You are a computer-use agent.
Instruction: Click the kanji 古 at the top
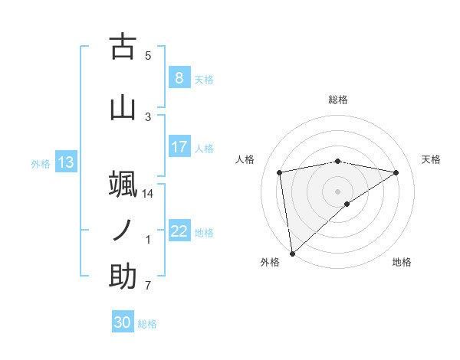(x=123, y=47)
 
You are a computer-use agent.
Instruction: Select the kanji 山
(x=123, y=107)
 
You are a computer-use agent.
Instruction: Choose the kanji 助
(x=123, y=277)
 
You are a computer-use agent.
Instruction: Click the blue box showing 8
(x=179, y=78)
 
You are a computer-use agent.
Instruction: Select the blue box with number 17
(x=179, y=147)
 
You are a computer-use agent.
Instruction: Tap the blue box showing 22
(x=179, y=231)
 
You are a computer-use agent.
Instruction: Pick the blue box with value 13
(x=65, y=162)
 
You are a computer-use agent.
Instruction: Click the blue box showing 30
(x=123, y=322)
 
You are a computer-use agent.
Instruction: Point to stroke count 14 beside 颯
(x=148, y=194)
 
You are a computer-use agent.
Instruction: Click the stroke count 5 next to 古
(x=148, y=55)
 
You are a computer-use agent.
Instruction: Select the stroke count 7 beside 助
(x=148, y=286)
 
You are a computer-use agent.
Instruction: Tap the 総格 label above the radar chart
(x=337, y=100)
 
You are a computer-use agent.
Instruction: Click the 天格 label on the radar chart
(x=432, y=159)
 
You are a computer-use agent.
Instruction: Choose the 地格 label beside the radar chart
(x=402, y=262)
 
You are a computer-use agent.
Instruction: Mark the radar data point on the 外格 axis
(x=292, y=253)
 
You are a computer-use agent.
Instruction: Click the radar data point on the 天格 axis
(x=396, y=172)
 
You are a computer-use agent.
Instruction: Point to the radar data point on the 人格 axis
(x=280, y=172)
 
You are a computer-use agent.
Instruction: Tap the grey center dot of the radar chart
(x=337, y=191)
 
